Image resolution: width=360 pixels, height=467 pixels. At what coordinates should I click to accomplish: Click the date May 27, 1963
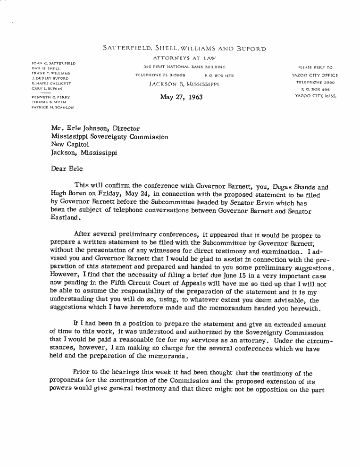point(182,98)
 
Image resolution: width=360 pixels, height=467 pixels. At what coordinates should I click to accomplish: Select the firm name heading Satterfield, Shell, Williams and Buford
point(184,49)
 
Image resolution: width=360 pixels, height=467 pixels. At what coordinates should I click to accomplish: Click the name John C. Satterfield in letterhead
point(53,63)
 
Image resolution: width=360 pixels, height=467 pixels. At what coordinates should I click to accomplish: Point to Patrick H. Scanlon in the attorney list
point(52,107)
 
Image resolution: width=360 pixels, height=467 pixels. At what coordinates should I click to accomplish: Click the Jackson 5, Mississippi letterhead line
point(184,84)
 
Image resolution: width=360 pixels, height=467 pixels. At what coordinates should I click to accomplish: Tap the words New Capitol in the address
point(69,145)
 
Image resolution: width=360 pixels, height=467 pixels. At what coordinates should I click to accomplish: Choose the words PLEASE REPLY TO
point(315,67)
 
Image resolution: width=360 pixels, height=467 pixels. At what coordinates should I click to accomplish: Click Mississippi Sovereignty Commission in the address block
point(109,137)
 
